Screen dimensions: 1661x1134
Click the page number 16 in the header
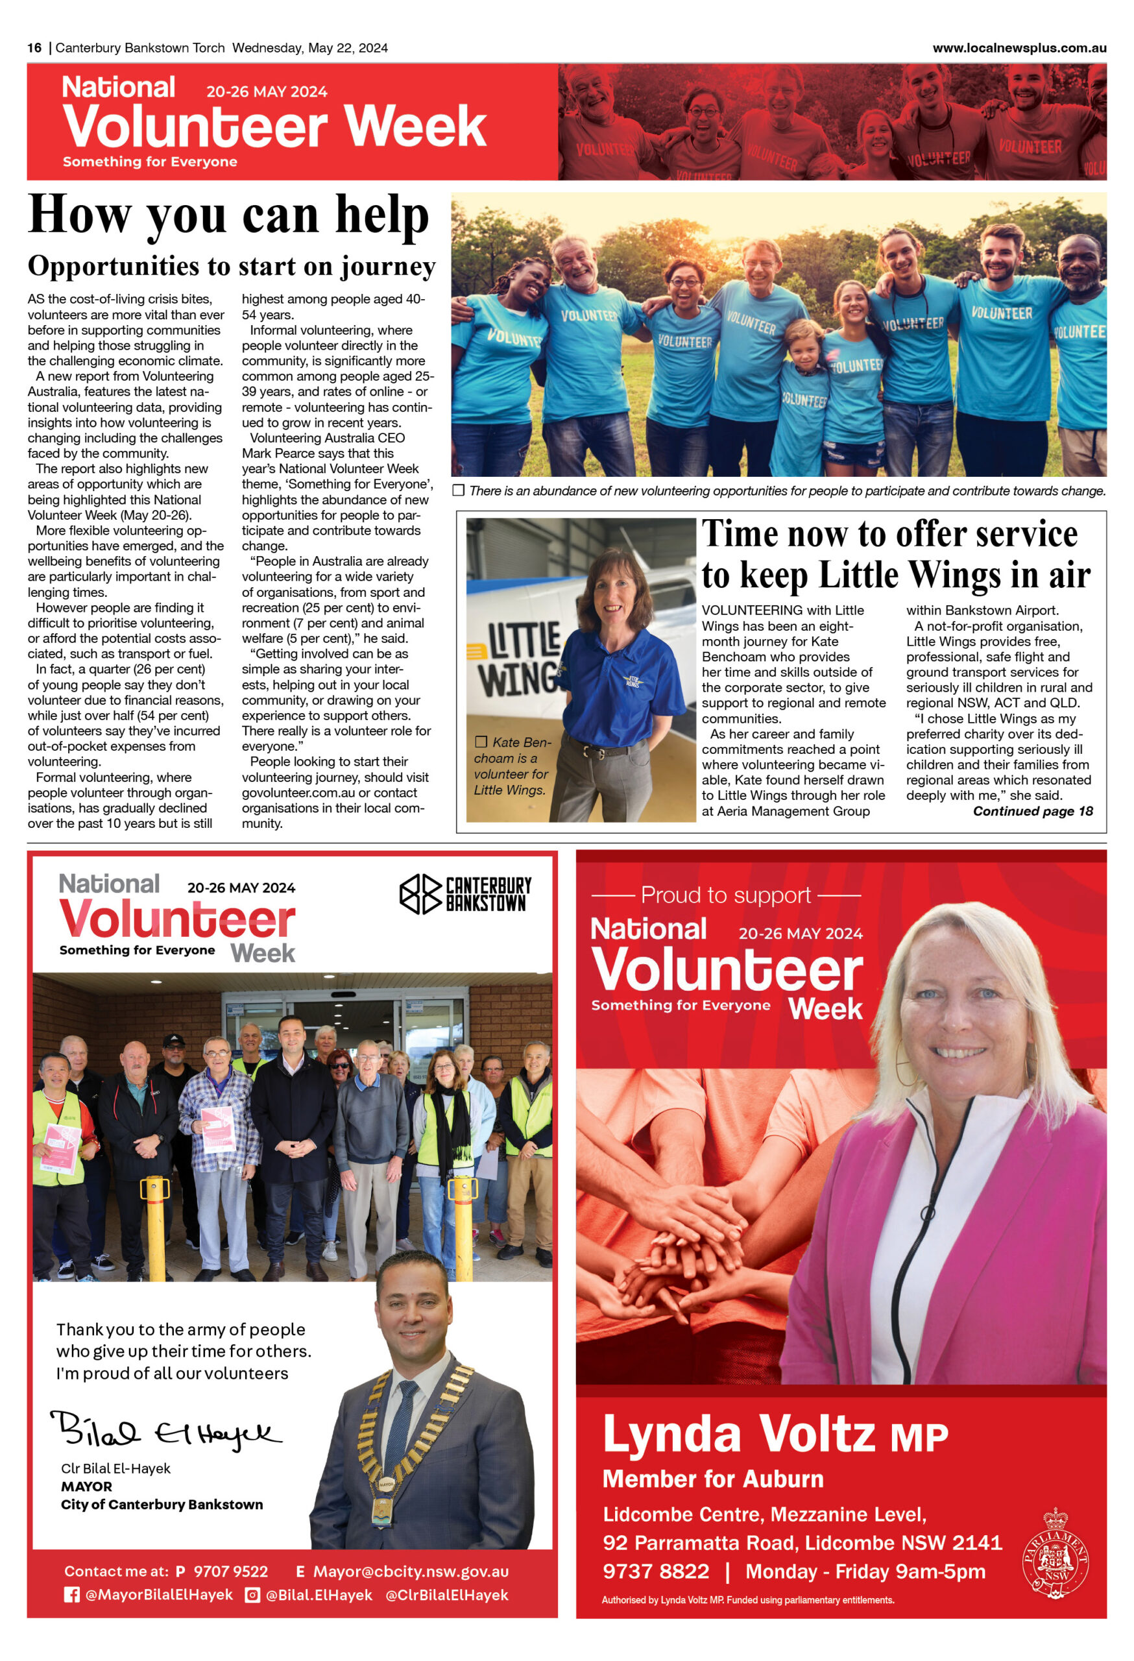(34, 48)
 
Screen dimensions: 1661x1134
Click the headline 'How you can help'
(228, 214)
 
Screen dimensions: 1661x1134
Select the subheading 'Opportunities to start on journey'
(232, 267)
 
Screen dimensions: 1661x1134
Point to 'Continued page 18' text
(1033, 811)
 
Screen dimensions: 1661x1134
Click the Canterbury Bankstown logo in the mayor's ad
(465, 894)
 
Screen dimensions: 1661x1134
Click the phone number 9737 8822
(656, 1571)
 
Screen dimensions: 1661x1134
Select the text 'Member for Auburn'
(713, 1479)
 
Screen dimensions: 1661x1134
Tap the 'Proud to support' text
(726, 895)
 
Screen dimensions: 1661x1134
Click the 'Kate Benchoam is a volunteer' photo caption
(512, 766)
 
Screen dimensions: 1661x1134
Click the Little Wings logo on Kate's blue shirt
(633, 681)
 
